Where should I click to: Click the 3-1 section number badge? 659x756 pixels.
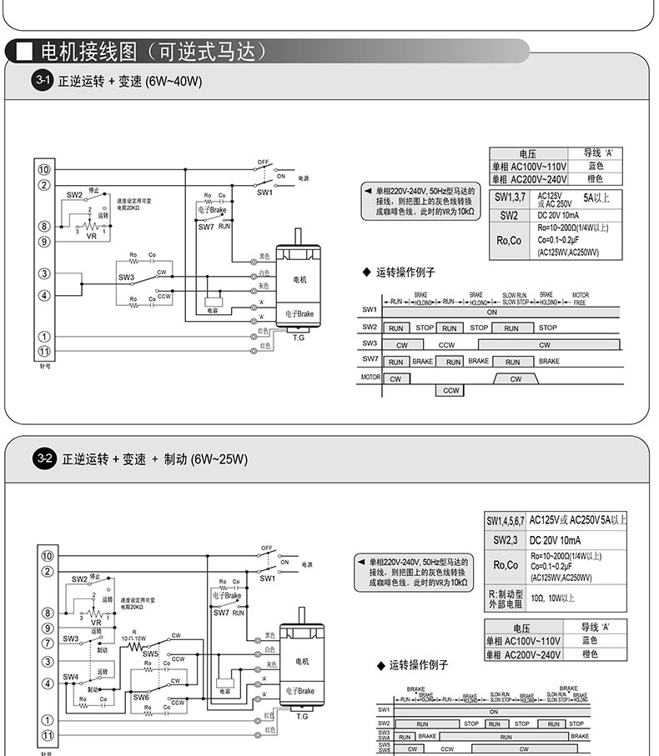(43, 81)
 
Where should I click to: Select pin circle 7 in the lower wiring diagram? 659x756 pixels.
(47, 643)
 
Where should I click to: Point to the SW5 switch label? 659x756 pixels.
(150, 654)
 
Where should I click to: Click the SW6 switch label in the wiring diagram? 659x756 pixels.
(141, 697)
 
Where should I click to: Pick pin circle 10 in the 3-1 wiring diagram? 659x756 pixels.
(44, 169)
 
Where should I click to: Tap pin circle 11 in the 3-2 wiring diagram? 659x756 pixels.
(47, 735)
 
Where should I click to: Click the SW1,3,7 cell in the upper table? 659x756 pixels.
(509, 198)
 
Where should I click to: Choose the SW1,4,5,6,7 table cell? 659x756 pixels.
(506, 520)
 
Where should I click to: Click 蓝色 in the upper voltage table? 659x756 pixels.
(596, 166)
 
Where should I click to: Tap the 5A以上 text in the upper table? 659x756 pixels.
(597, 198)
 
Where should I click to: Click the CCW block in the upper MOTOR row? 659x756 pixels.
(451, 390)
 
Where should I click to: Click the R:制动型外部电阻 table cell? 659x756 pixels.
(506, 598)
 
